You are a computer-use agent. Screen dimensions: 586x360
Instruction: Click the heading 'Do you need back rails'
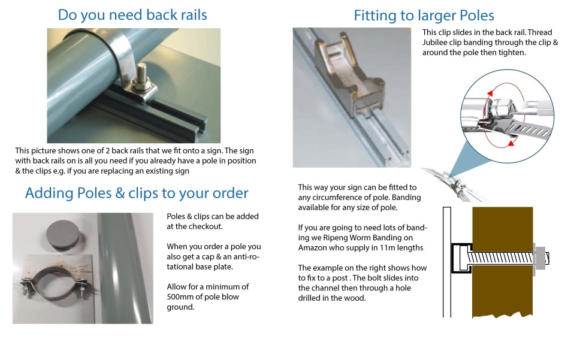pyautogui.click(x=132, y=16)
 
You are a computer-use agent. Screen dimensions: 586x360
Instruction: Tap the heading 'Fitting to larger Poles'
pyautogui.click(x=424, y=16)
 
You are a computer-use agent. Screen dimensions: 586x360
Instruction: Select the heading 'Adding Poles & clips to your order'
pyautogui.click(x=137, y=193)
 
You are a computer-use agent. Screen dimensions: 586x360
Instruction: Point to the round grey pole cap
pyautogui.click(x=62, y=235)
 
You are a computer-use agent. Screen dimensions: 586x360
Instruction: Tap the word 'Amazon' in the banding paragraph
pyautogui.click(x=312, y=248)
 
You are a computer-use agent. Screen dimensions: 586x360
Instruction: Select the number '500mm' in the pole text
pyautogui.click(x=179, y=297)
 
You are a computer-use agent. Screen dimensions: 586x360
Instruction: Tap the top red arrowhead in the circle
pyautogui.click(x=490, y=93)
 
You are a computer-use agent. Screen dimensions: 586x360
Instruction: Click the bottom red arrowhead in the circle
pyautogui.click(x=511, y=143)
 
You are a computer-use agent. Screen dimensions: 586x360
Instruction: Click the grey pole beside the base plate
pyautogui.click(x=125, y=268)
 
